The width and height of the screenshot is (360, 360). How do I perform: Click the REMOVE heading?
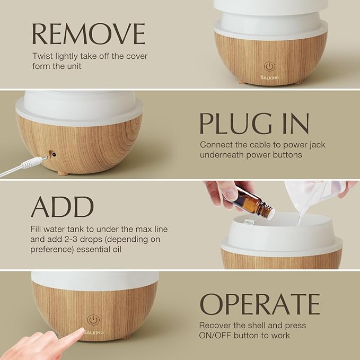point(88,33)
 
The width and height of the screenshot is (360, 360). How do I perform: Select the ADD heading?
point(63,207)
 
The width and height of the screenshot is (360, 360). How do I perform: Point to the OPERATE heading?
point(259,304)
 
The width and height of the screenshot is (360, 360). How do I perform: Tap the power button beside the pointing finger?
point(93,321)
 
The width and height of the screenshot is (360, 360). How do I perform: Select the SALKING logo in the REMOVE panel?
point(270,77)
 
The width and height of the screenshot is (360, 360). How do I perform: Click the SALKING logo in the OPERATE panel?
point(93,332)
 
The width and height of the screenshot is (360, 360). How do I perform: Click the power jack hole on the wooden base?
point(52,154)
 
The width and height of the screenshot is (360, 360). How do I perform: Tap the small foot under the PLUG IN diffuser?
point(63,172)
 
